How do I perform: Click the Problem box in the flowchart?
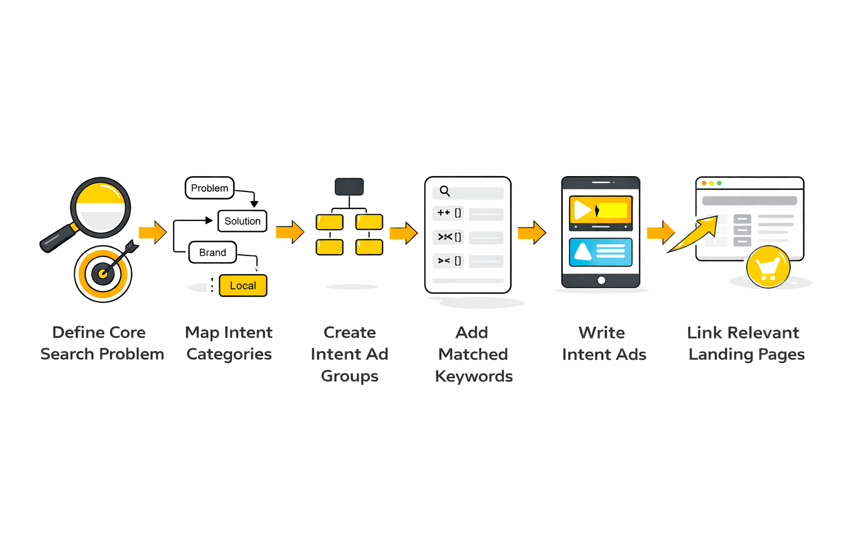(x=210, y=188)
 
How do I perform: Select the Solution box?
(x=242, y=221)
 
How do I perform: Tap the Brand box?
(x=212, y=253)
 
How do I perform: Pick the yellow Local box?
(x=243, y=285)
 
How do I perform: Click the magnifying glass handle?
(x=57, y=238)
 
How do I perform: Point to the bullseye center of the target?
(x=103, y=273)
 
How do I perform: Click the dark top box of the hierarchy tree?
(x=349, y=186)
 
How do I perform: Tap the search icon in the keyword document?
(x=445, y=191)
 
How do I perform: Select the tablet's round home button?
(x=601, y=281)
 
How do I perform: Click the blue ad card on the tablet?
(x=601, y=252)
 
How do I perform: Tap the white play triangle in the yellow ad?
(x=582, y=211)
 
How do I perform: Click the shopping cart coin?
(x=768, y=267)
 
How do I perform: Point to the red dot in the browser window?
(x=704, y=183)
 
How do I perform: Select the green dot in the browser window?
(x=719, y=183)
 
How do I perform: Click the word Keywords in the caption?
(x=474, y=376)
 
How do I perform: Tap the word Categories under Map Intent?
(x=229, y=354)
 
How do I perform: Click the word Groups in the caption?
(x=349, y=376)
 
